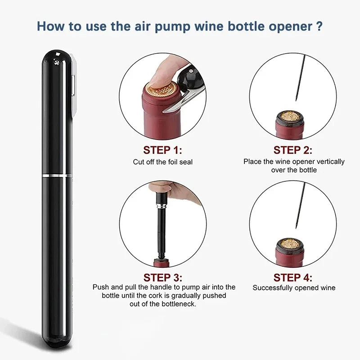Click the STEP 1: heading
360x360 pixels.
click(x=162, y=150)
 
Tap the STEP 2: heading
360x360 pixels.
click(x=293, y=150)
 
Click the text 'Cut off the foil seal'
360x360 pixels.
click(x=162, y=162)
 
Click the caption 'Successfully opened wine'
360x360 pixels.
click(x=294, y=288)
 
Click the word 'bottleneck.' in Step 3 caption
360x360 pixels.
click(x=177, y=304)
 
